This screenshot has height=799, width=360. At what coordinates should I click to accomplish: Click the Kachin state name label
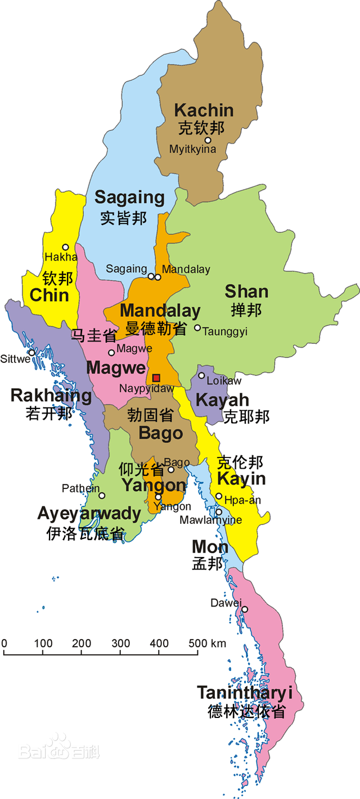(204, 110)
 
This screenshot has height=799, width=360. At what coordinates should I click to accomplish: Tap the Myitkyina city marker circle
(208, 140)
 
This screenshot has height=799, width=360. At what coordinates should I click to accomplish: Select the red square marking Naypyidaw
(156, 378)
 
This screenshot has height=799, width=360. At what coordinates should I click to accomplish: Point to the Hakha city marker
(66, 247)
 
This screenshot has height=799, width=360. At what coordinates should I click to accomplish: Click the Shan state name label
(246, 291)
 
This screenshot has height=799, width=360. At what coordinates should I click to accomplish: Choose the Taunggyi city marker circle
(197, 327)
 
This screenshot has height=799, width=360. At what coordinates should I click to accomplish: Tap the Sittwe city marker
(32, 353)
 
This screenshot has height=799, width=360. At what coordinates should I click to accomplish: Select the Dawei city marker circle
(245, 609)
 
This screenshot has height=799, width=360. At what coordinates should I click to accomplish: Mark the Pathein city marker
(102, 496)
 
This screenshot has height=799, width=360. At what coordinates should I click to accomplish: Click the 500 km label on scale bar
(206, 643)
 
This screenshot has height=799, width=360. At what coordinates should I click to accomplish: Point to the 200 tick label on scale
(82, 643)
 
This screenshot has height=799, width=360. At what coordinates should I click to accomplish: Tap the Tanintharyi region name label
(245, 693)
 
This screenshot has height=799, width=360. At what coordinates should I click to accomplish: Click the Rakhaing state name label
(51, 396)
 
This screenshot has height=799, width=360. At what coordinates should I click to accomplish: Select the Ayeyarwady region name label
(89, 513)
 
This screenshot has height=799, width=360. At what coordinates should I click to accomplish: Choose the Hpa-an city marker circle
(219, 496)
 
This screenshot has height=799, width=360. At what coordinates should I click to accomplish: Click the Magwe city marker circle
(111, 353)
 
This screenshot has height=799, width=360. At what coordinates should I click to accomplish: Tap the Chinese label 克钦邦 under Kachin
(201, 128)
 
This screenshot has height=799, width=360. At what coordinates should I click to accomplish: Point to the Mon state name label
(210, 546)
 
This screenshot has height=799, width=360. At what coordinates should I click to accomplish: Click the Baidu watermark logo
(59, 748)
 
